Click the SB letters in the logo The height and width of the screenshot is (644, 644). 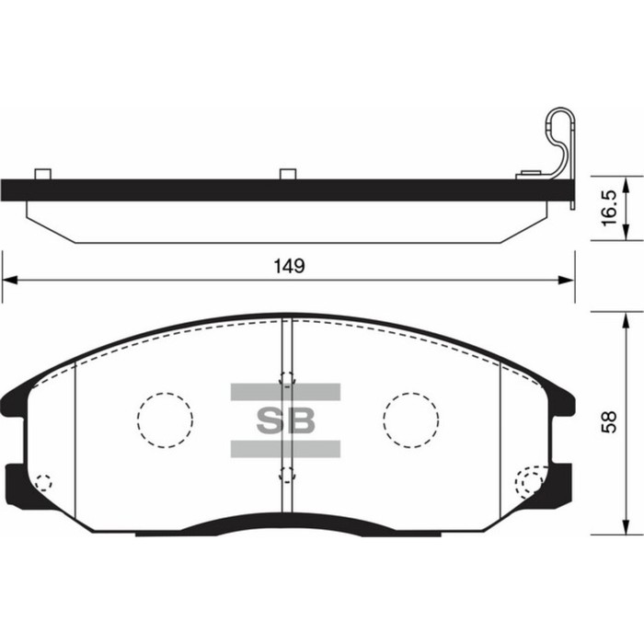click(285, 420)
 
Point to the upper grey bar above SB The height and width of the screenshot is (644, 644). click(285, 392)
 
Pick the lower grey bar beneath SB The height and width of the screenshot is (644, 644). click(285, 449)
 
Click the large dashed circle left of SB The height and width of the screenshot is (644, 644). click(165, 420)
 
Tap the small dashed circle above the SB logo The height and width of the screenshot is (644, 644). click(286, 378)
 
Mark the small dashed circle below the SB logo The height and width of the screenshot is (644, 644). click(286, 475)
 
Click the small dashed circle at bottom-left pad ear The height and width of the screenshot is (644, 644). click(42, 481)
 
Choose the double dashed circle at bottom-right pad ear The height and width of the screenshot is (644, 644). click(530, 481)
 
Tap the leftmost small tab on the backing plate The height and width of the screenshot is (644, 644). click(40, 174)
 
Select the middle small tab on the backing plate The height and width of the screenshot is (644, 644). click(287, 174)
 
